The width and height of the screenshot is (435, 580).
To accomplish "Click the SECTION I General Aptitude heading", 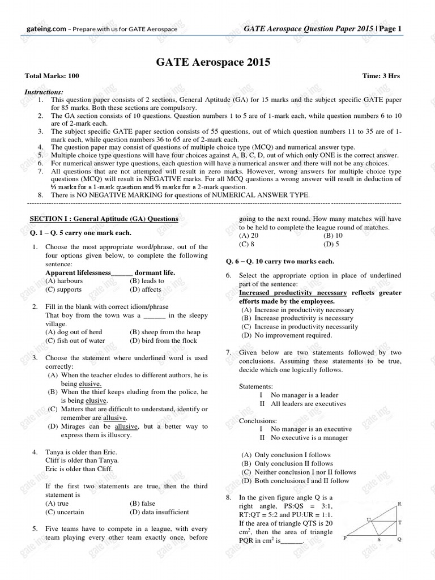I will pyautogui.click(x=104, y=219).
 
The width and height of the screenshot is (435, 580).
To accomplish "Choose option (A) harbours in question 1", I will pyautogui.click(x=64, y=281).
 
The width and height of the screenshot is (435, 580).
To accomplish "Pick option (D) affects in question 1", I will pyautogui.click(x=146, y=289).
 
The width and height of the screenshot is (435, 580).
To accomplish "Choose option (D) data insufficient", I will pyautogui.click(x=159, y=512).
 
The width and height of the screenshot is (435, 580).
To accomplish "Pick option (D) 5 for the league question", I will pyautogui.click(x=331, y=244).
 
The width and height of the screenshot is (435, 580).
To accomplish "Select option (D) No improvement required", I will pyautogui.click(x=287, y=335).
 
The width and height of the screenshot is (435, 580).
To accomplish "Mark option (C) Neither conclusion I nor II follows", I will pyautogui.click(x=298, y=472).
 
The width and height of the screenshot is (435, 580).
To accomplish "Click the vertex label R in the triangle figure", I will pyautogui.click(x=400, y=504).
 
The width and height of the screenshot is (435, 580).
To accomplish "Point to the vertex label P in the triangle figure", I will pyautogui.click(x=345, y=540).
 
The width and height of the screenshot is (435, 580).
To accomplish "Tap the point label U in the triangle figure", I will pyautogui.click(x=369, y=519).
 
